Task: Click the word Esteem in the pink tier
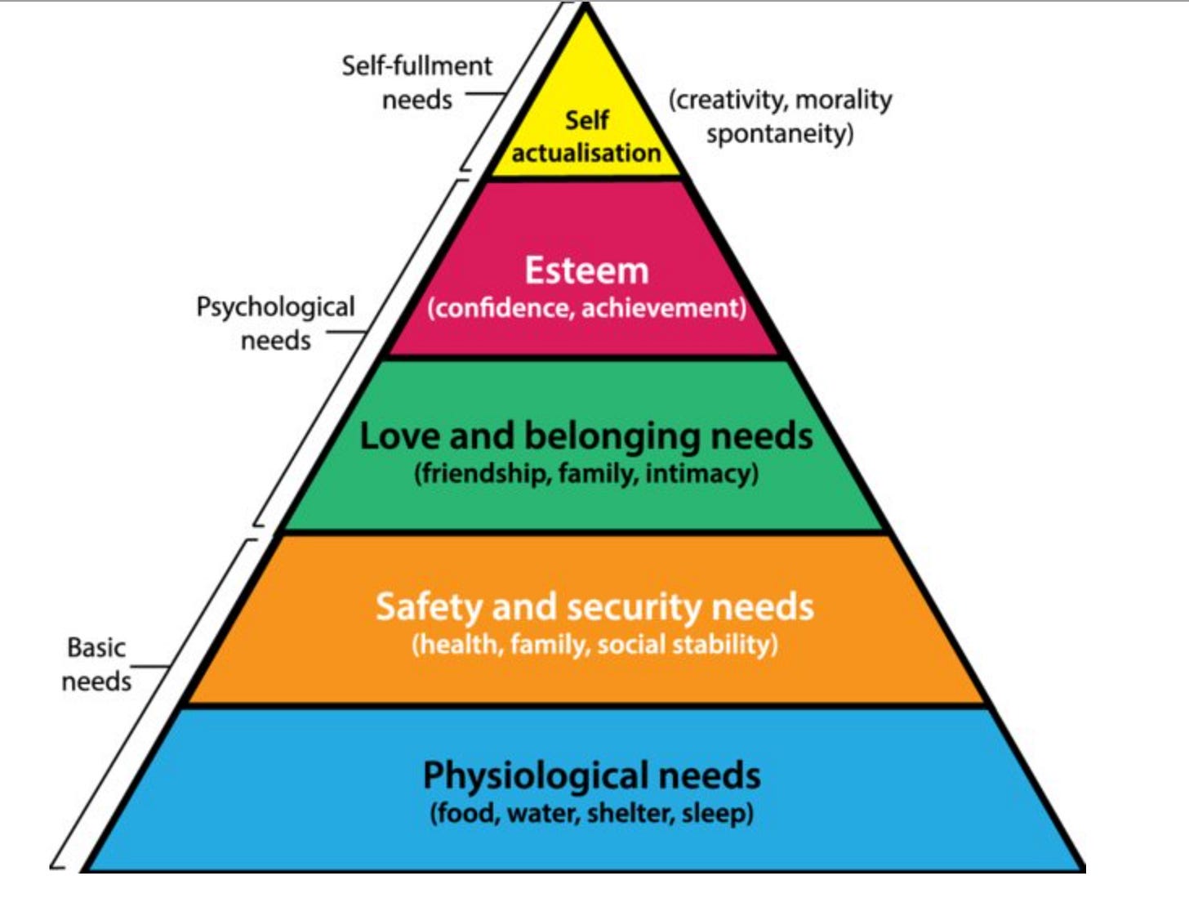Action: point(586,270)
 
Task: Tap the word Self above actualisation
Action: point(586,120)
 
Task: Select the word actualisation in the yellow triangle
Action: point(586,153)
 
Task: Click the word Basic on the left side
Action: point(96,647)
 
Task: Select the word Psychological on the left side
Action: point(275,307)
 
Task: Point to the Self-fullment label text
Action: point(416,65)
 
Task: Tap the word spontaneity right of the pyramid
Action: point(780,133)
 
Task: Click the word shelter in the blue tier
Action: point(630,813)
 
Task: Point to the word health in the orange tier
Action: point(459,645)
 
